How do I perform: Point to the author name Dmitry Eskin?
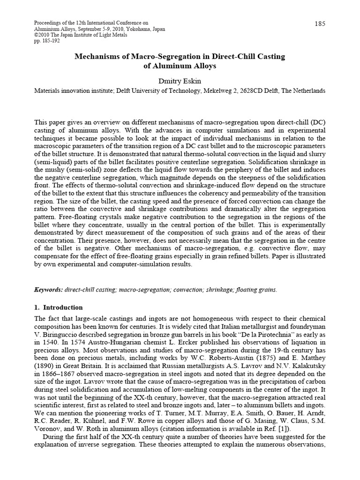(180, 81)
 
